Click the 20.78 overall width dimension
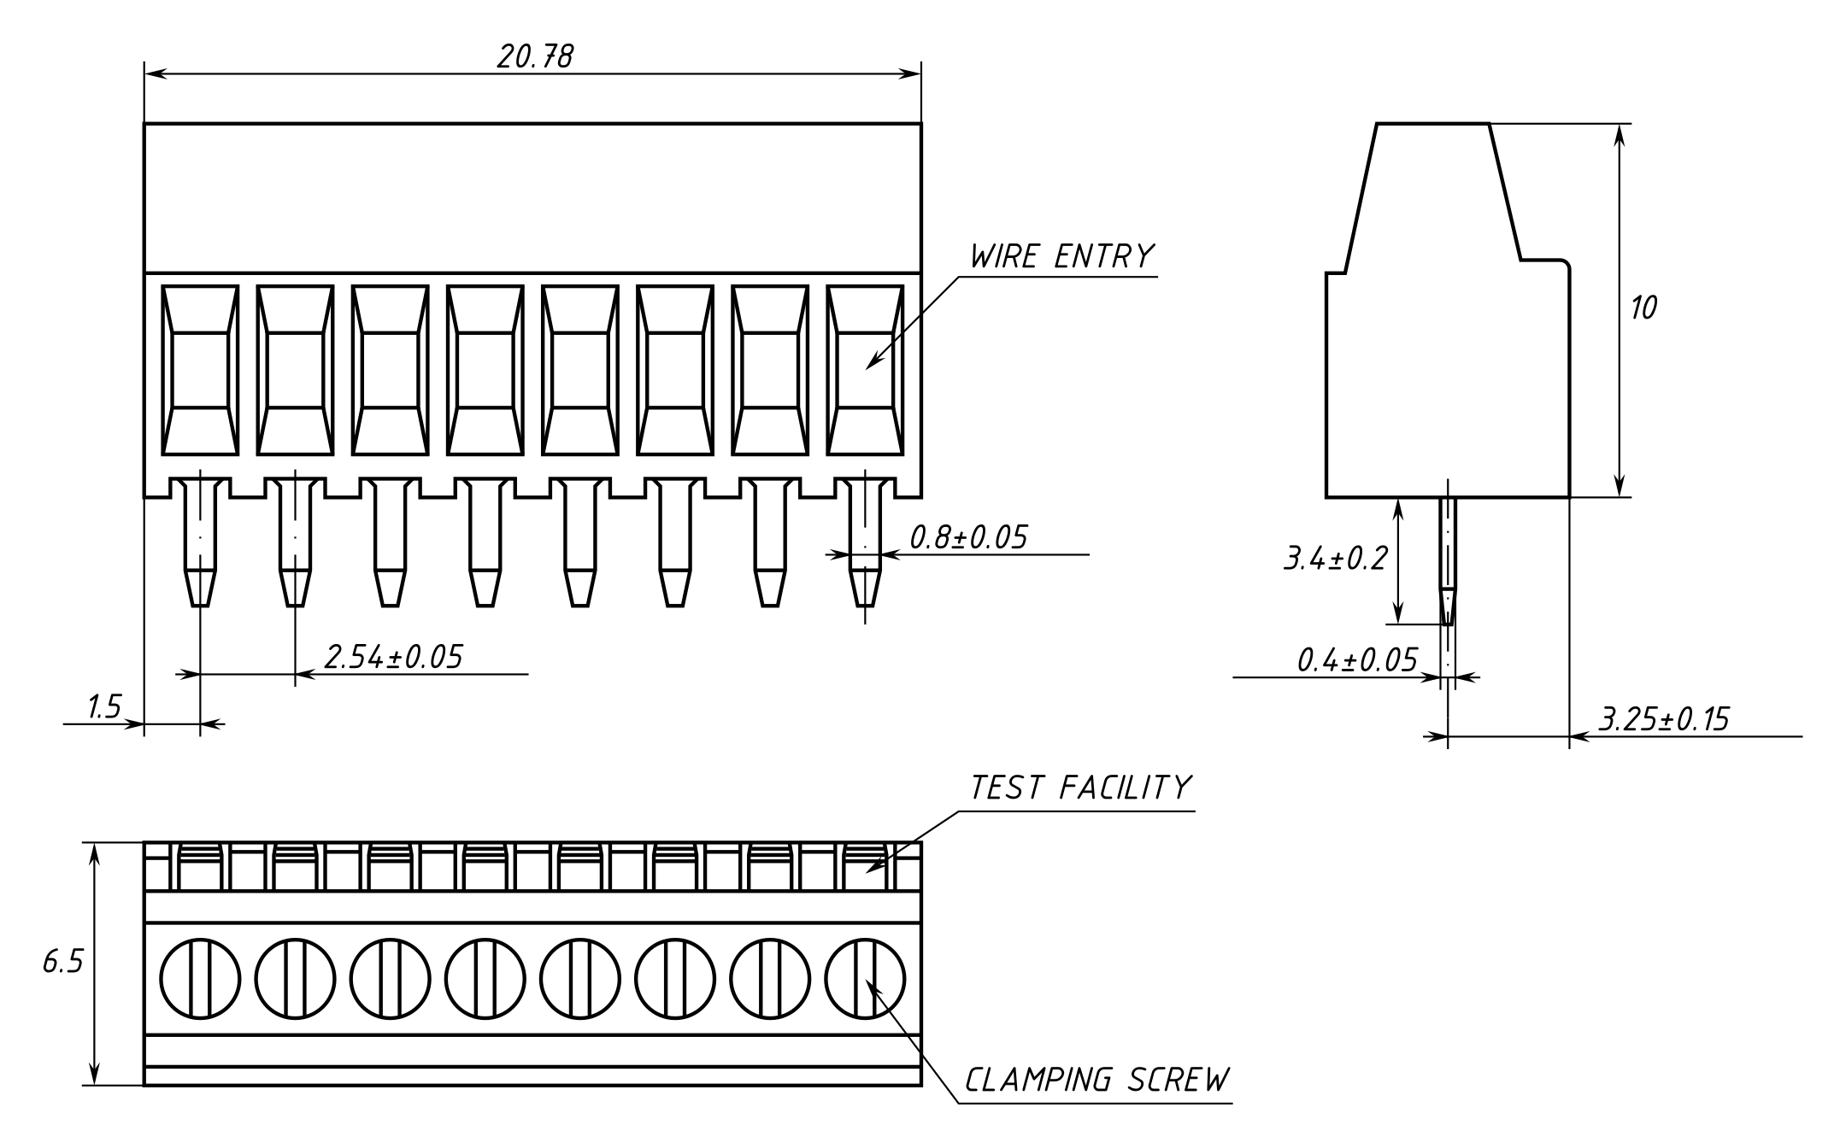[x=535, y=56]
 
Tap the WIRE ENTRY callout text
[x=1061, y=256]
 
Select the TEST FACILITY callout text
[x=1080, y=788]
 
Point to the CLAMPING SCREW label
[x=1097, y=1081]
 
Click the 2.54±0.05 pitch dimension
[x=393, y=657]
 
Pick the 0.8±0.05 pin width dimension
[x=967, y=537]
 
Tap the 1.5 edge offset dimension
[x=104, y=707]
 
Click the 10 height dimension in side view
[x=1643, y=308]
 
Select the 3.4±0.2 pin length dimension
[x=1335, y=559]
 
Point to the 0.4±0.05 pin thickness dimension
[x=1356, y=660]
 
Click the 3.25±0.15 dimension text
[x=1663, y=719]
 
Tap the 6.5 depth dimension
[x=63, y=963]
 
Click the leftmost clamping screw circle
[x=200, y=978]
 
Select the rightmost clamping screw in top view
[x=865, y=978]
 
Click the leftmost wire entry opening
[x=200, y=370]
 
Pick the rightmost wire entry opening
[x=865, y=370]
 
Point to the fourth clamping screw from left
[x=485, y=978]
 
